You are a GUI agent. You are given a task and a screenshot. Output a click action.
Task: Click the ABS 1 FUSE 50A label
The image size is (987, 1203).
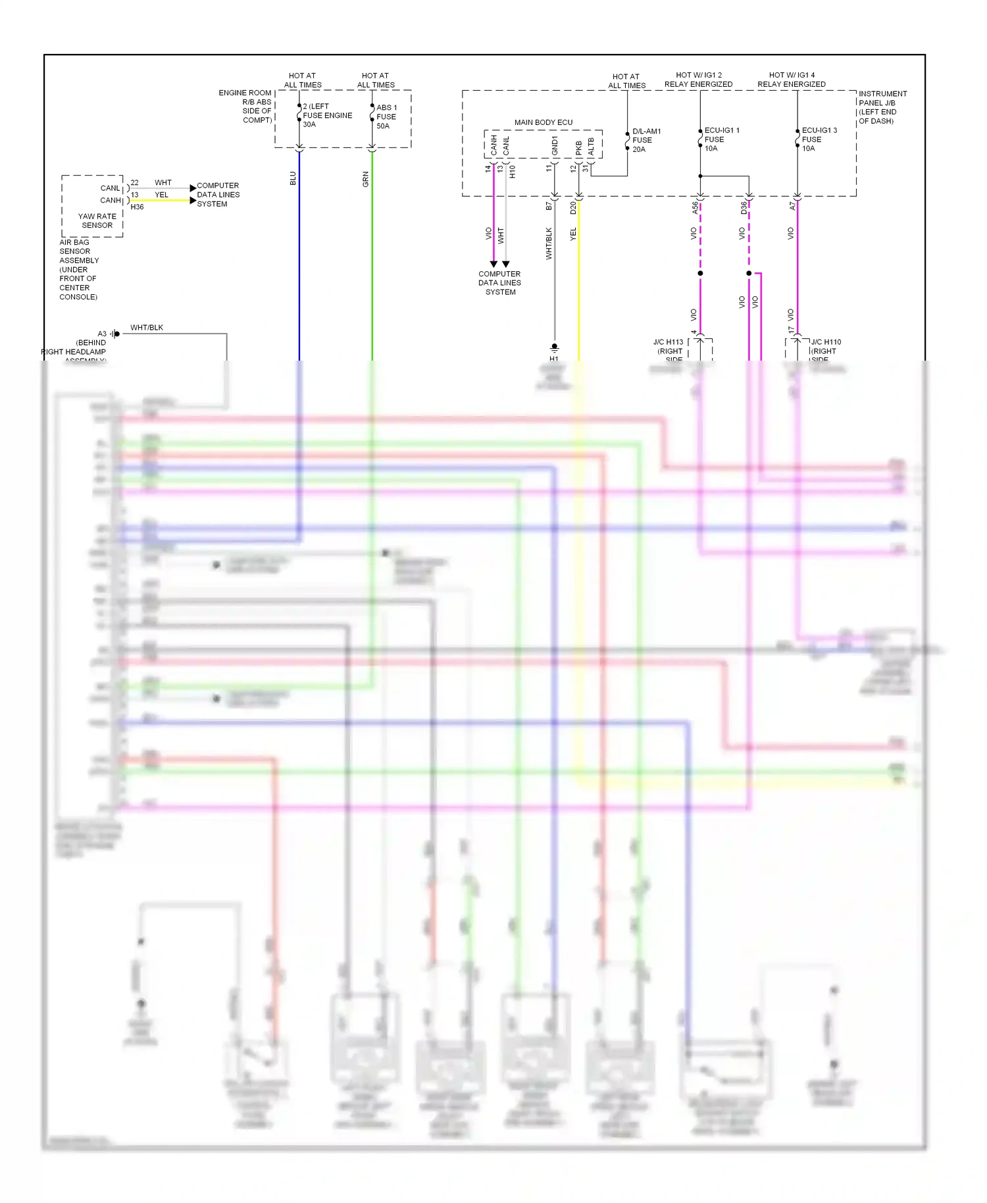point(386,116)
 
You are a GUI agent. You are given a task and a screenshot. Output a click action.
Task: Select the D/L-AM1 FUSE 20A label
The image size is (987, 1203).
point(646,140)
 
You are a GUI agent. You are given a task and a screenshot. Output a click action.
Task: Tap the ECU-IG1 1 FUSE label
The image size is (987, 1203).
point(721,140)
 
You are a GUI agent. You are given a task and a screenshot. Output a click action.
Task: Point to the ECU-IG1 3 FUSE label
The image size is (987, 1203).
point(819,140)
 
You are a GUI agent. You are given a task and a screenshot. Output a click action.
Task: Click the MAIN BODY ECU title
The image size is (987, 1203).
point(543,122)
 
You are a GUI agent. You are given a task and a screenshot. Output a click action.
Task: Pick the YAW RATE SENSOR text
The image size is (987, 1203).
point(97,220)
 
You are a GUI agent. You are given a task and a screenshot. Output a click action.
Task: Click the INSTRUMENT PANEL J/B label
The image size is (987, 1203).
point(882,107)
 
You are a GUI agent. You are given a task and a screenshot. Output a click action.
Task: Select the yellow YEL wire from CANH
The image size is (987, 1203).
point(161,200)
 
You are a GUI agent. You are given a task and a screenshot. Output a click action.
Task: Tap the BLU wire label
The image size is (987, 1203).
point(293,178)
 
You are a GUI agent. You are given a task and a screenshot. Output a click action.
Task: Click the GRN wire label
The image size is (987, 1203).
point(366,179)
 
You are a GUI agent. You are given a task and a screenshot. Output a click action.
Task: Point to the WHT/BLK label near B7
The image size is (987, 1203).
point(549,243)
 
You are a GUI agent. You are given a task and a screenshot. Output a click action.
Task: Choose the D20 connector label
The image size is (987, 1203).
point(573,208)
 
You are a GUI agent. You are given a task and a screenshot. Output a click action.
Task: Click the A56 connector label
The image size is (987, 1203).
point(695,208)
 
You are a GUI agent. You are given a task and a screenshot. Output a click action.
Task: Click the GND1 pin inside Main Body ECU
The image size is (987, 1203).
point(555,146)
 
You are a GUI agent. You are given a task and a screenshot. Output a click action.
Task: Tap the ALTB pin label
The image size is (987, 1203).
point(591,147)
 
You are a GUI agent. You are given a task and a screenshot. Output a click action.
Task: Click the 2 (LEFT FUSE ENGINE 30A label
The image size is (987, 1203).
point(326,115)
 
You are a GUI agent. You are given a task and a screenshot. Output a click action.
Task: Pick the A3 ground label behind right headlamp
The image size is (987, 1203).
point(102,334)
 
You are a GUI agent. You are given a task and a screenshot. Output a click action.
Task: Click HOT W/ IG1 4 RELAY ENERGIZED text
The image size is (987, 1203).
point(791,80)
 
